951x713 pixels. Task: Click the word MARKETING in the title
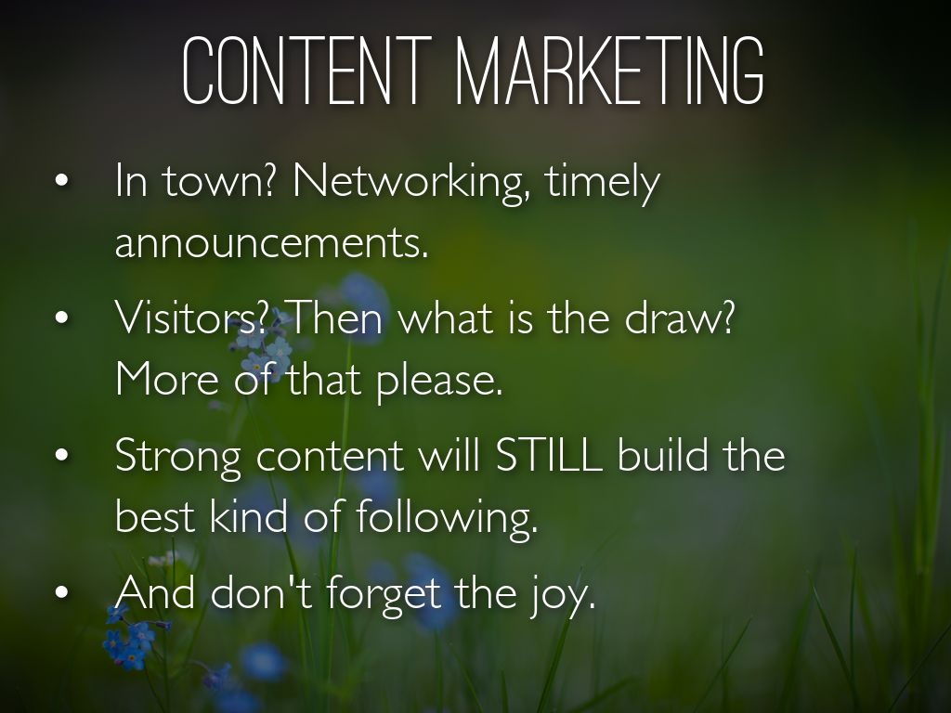point(609,70)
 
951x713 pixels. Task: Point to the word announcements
point(272,242)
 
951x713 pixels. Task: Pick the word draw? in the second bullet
point(679,318)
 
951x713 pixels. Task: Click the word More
point(167,379)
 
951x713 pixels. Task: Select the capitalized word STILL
point(549,455)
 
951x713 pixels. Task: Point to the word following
point(447,517)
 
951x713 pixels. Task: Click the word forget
point(384,594)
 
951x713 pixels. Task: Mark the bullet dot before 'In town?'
point(61,180)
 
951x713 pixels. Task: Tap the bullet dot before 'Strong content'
point(61,455)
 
